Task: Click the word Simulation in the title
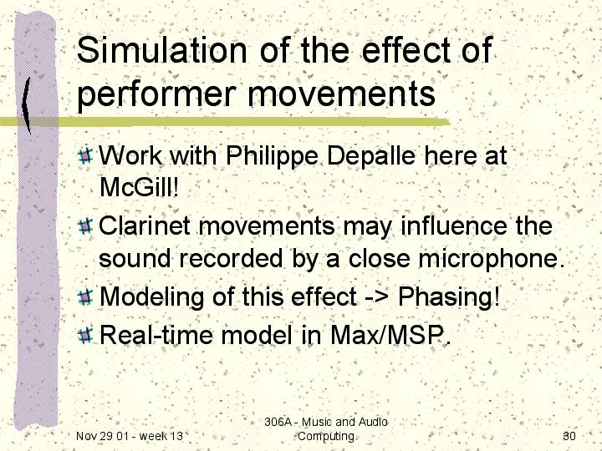pyautogui.click(x=161, y=50)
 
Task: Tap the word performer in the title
pyautogui.click(x=156, y=95)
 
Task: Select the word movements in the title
pyautogui.click(x=342, y=94)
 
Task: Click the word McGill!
pyautogui.click(x=139, y=187)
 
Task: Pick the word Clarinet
pyautogui.click(x=145, y=225)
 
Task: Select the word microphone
pyautogui.click(x=492, y=259)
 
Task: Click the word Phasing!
pyautogui.click(x=449, y=297)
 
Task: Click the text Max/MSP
pyautogui.click(x=390, y=335)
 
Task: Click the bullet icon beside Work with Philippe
pyautogui.click(x=85, y=155)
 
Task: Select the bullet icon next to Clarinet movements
pyautogui.click(x=85, y=225)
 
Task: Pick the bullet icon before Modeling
pyautogui.click(x=85, y=296)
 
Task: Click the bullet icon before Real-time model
pyautogui.click(x=85, y=335)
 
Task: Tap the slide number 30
pyautogui.click(x=569, y=436)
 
